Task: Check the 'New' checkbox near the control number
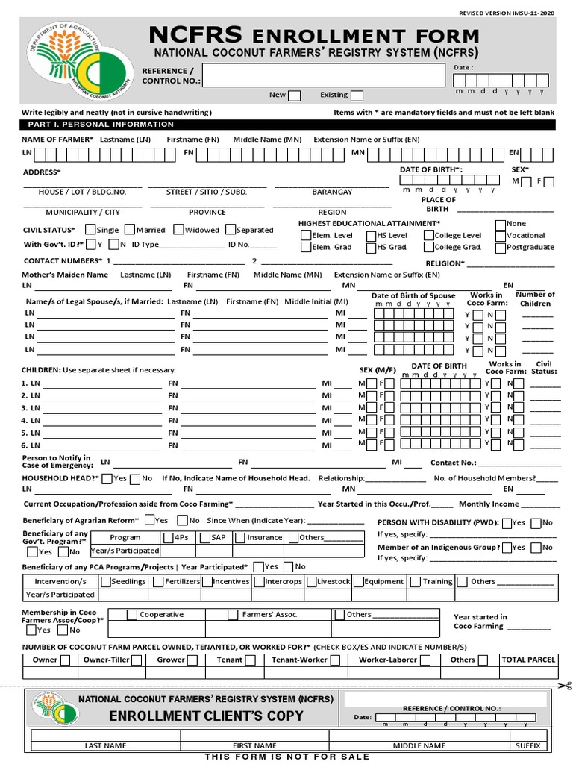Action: (295, 95)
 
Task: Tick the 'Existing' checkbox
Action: (357, 95)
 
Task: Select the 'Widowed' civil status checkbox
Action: (179, 230)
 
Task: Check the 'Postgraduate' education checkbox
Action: (500, 247)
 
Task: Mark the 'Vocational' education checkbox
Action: (500, 235)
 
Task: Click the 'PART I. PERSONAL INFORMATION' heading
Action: (100, 124)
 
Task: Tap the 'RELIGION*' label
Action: (445, 263)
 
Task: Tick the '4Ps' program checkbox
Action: (168, 537)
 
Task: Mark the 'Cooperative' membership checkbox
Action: (132, 615)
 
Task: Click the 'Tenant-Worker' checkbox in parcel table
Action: (335, 660)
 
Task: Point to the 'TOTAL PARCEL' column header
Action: (528, 660)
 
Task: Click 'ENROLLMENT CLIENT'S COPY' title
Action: (206, 716)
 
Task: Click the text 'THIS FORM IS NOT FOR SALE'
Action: (287, 757)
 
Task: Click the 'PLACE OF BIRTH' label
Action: (438, 204)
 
